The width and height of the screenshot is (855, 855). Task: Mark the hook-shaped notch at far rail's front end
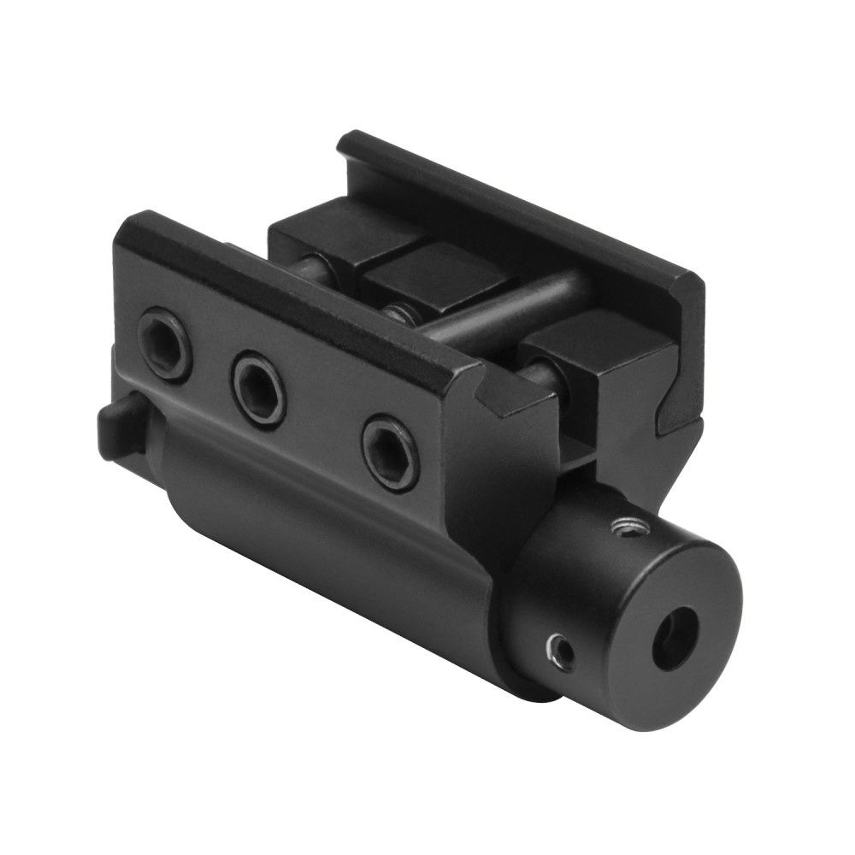coord(671,410)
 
